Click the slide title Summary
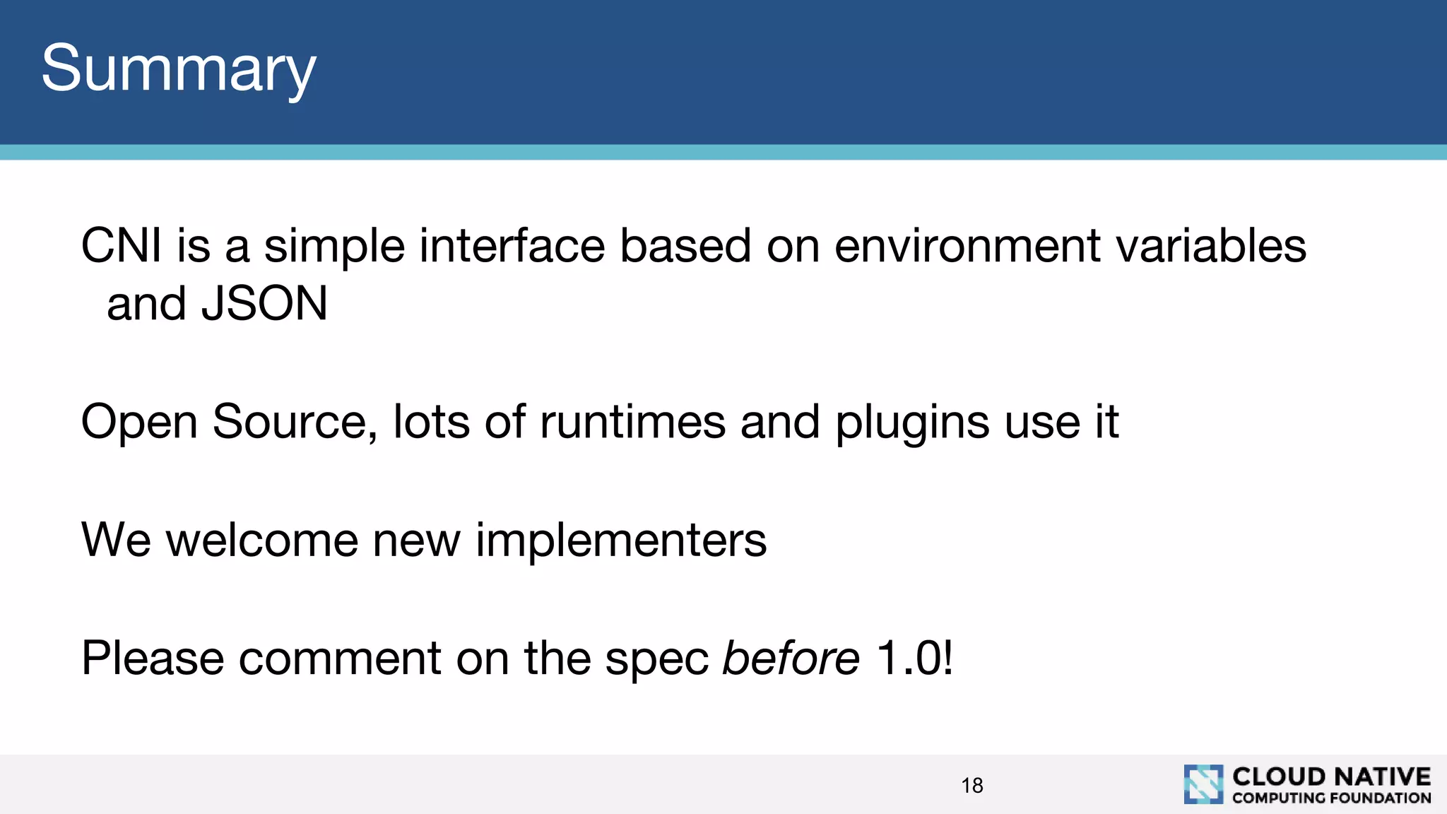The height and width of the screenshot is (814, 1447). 178,69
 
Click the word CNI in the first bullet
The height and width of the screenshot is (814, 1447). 121,246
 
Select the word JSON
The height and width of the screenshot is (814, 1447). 264,304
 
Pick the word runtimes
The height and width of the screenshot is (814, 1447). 632,422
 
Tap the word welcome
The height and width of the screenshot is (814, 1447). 261,541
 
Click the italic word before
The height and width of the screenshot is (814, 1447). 791,659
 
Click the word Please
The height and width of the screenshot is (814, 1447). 152,659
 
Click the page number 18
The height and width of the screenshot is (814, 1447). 972,786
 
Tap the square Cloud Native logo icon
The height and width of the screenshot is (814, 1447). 1203,784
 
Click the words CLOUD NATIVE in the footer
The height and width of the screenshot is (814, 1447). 1331,777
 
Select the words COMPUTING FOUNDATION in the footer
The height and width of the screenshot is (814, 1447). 1331,798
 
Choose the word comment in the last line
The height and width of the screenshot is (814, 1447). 340,659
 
